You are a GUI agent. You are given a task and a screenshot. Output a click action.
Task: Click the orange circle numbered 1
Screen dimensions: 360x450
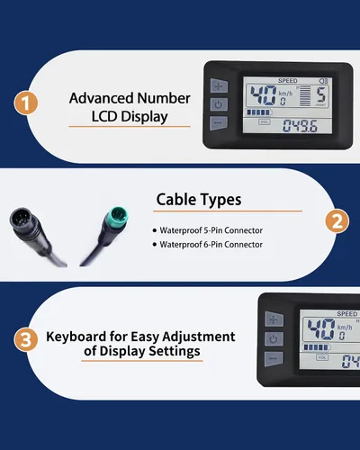pyautogui.click(x=26, y=103)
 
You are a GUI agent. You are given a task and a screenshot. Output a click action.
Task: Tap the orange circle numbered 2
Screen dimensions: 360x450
pyautogui.click(x=337, y=221)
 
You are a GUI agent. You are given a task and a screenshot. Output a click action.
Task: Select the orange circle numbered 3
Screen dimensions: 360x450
pyautogui.click(x=26, y=339)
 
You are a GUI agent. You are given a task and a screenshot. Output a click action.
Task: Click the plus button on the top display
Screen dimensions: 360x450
pyautogui.click(x=219, y=85)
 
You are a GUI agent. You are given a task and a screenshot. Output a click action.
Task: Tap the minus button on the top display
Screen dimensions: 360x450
pyautogui.click(x=219, y=123)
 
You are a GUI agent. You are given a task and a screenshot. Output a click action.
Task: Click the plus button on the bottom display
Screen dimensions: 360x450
pyautogui.click(x=274, y=319)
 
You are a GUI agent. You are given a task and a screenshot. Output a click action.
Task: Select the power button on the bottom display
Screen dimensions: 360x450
pyautogui.click(x=274, y=339)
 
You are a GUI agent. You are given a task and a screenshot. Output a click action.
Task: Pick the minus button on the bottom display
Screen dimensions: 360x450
pyautogui.click(x=274, y=358)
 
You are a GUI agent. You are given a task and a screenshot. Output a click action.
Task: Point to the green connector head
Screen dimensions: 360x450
pyautogui.click(x=118, y=216)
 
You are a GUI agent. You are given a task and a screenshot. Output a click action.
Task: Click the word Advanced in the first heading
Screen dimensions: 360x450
pyautogui.click(x=101, y=98)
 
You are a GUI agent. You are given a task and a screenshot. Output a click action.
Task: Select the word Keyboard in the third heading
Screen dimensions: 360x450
pyautogui.click(x=76, y=337)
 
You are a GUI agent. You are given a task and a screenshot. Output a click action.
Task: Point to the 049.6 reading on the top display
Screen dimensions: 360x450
pyautogui.click(x=300, y=126)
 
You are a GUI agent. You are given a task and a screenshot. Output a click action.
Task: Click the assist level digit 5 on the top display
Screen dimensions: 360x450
pyautogui.click(x=321, y=95)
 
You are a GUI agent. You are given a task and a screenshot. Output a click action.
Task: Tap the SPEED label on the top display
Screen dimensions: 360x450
pyautogui.click(x=288, y=81)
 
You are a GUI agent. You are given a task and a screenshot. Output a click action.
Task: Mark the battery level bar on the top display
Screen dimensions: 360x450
pyautogui.click(x=259, y=112)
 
